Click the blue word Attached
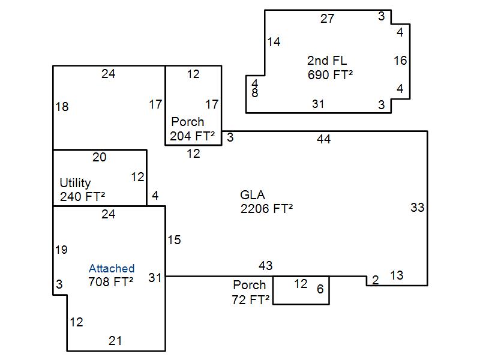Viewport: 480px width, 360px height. [112, 268]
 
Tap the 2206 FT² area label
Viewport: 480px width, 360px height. [266, 209]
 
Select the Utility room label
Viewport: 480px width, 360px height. [75, 182]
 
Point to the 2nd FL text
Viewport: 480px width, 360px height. [327, 61]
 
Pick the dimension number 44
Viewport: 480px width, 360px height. [324, 139]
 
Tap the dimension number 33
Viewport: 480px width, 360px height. [418, 208]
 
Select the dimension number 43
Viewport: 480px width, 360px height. [266, 265]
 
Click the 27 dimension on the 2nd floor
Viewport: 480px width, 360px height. [327, 19]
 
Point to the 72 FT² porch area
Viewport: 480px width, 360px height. [250, 299]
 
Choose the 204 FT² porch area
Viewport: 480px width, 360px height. [192, 136]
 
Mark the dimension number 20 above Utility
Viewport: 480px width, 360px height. [100, 157]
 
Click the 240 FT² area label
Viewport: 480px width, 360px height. [83, 196]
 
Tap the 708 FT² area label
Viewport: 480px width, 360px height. [111, 281]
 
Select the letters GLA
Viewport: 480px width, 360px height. [253, 195]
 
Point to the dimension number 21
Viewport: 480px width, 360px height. [115, 341]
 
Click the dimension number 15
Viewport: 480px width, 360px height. [174, 240]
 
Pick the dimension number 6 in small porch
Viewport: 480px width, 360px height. [320, 289]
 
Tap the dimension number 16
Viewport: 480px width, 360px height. [400, 60]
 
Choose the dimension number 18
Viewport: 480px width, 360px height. [62, 107]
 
